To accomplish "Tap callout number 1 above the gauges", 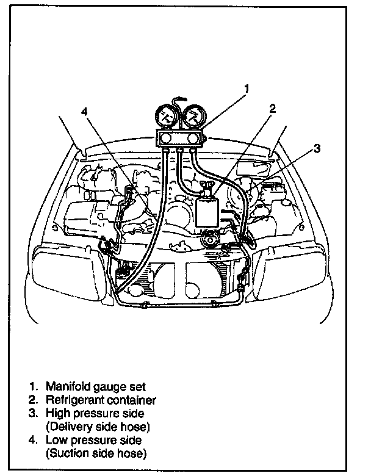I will tap(246, 89).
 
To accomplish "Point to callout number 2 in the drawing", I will tap(272, 109).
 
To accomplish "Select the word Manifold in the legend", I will tap(66, 387).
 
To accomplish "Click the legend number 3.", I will tap(32, 414).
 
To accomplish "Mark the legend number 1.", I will tap(32, 387).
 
